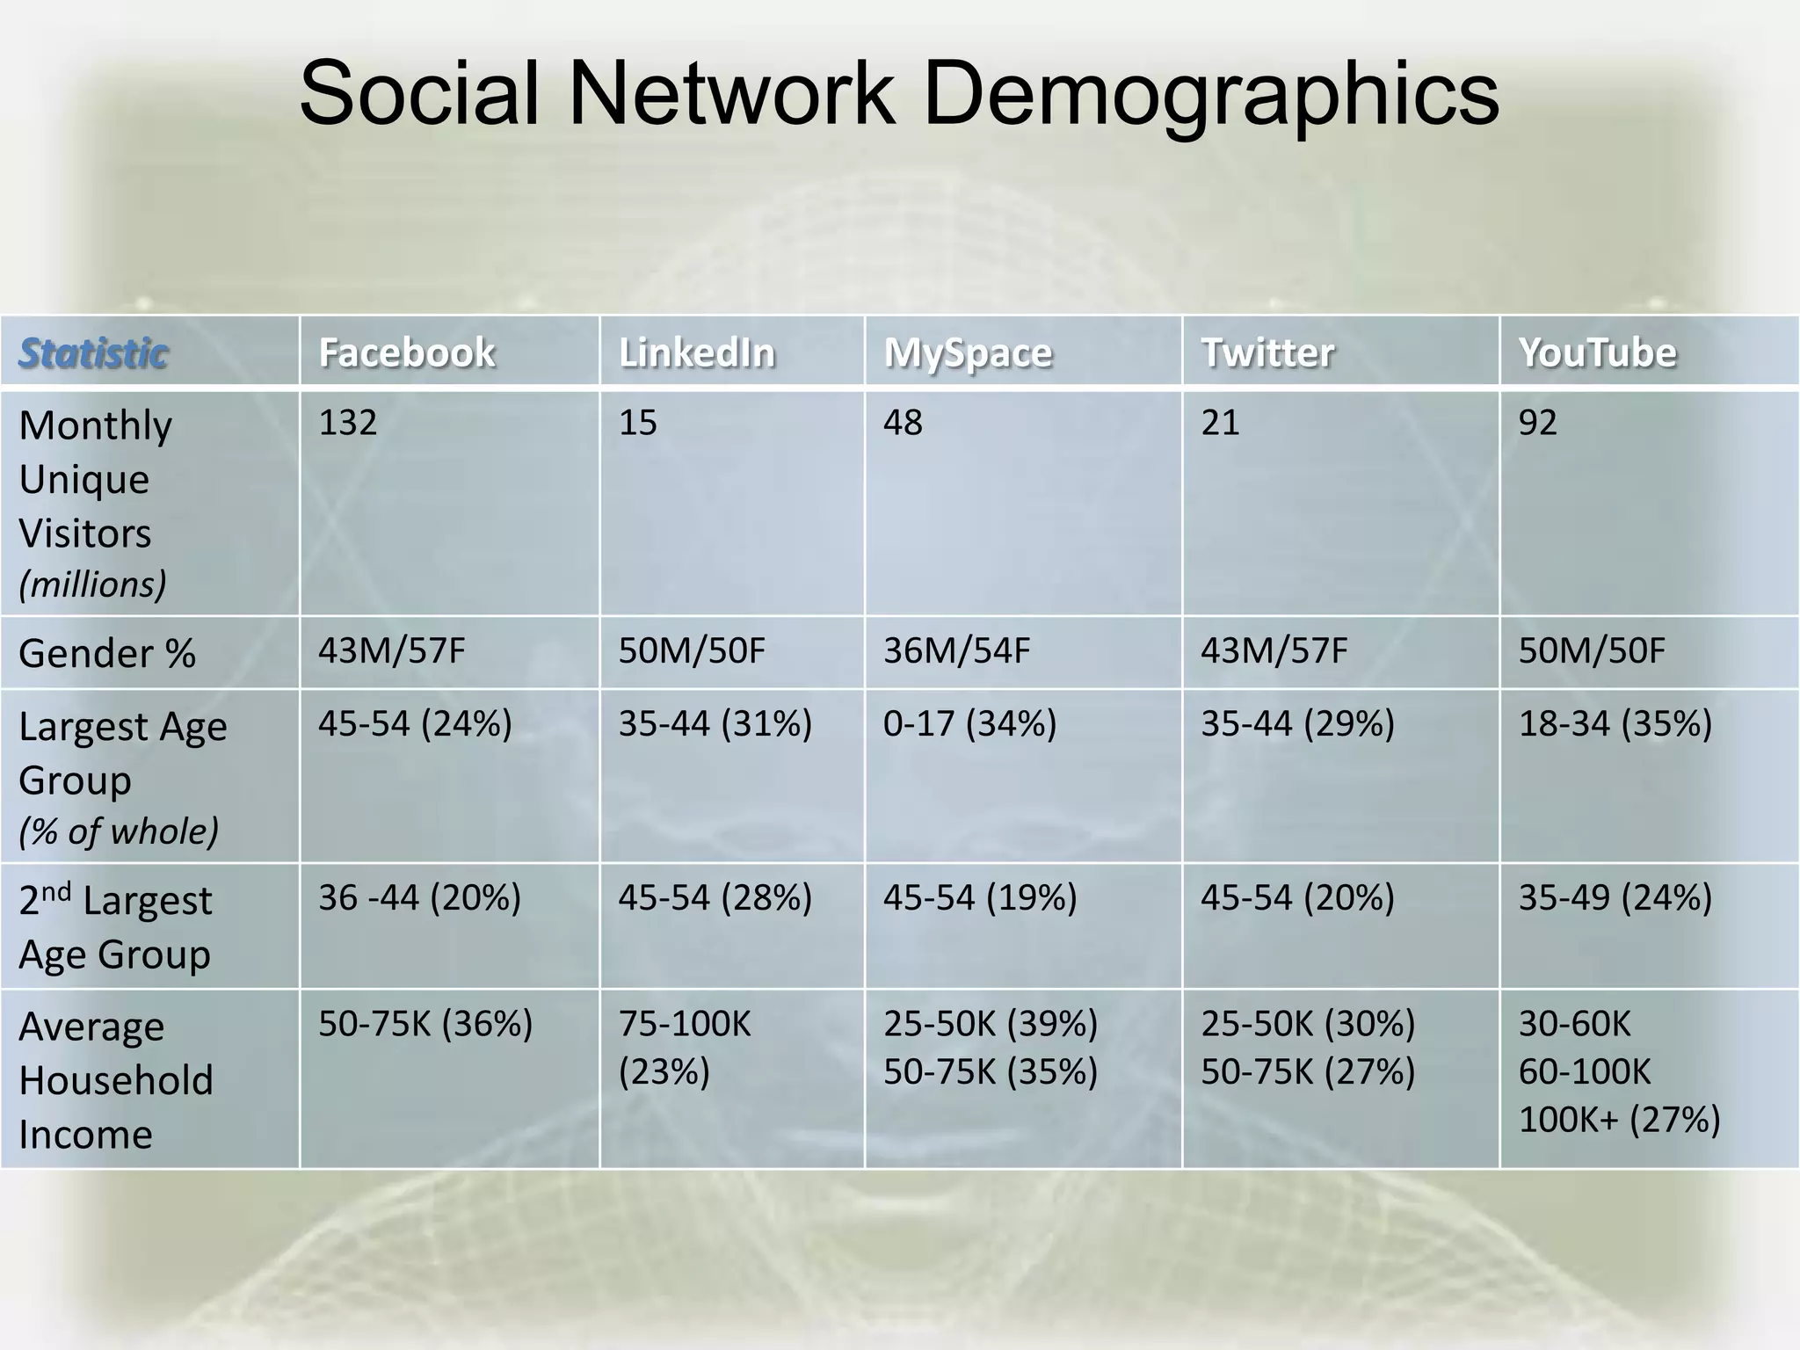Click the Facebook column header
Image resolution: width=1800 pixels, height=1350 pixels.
(406, 352)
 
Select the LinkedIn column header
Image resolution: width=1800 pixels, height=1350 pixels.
(696, 352)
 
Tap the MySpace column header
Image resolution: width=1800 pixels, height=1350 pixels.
(968, 353)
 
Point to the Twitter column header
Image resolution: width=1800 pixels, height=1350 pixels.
(1267, 352)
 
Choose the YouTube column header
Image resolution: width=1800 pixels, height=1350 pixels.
(1597, 352)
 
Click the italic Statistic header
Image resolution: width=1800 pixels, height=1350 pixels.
(93, 353)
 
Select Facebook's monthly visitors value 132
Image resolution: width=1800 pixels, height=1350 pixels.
(347, 423)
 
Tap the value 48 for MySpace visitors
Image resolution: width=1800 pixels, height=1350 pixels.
(903, 423)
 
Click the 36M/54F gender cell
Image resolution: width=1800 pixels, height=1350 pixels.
(956, 651)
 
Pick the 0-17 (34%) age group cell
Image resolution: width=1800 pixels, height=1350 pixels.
(969, 723)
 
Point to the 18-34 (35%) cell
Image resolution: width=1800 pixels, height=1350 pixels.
(1615, 723)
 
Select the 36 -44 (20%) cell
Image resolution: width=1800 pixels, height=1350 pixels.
(419, 897)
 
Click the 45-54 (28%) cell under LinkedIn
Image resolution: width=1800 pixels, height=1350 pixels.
(715, 897)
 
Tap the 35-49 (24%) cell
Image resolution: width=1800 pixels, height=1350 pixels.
(1615, 897)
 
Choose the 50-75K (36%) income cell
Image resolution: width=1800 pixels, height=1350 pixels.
(425, 1024)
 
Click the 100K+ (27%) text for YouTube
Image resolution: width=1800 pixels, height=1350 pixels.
(1619, 1120)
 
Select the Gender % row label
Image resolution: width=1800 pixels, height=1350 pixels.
(106, 654)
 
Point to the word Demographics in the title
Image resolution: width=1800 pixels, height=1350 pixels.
(1210, 93)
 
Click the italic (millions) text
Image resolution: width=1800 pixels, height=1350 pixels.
(92, 584)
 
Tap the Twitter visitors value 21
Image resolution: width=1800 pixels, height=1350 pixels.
(1219, 423)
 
